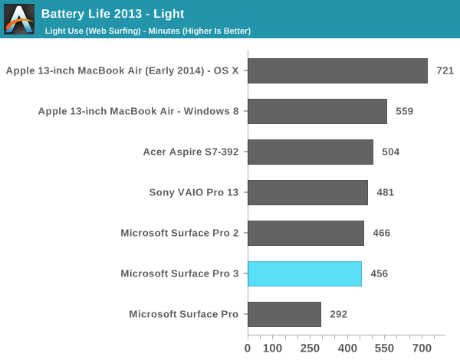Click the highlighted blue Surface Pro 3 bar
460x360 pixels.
point(304,273)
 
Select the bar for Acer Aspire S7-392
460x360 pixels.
point(310,152)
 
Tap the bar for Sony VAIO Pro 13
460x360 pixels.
point(307,192)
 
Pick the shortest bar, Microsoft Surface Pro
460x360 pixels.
point(284,314)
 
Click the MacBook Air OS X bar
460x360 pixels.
point(337,70)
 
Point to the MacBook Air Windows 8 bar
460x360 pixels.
point(317,111)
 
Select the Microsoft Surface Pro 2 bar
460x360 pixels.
point(306,233)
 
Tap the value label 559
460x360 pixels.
point(404,112)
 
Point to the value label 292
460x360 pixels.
point(338,315)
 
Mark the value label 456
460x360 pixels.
point(379,274)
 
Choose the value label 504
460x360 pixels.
point(391,152)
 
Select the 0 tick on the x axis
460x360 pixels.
point(248,348)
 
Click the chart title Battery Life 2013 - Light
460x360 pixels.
point(113,14)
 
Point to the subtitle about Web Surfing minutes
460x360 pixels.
point(148,31)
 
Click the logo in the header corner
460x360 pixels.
point(19,19)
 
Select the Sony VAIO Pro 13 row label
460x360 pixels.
point(193,192)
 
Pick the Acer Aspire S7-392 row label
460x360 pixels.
point(191,152)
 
